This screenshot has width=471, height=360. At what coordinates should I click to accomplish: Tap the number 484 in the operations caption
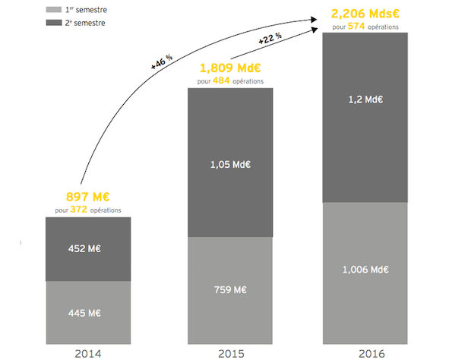(x=226, y=80)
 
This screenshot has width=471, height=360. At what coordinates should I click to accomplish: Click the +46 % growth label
(x=161, y=62)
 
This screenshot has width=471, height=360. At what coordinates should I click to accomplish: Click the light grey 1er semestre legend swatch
(x=53, y=10)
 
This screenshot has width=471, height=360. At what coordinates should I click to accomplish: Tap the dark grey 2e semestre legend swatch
(x=53, y=23)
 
